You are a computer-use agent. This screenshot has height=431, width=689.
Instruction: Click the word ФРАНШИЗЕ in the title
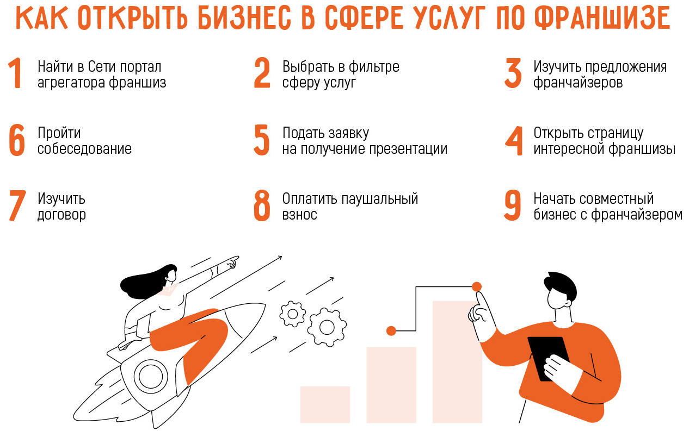coord(602,18)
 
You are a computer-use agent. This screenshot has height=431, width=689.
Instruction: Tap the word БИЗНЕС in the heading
coord(244,18)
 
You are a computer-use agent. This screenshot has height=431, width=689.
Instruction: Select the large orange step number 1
coord(15,73)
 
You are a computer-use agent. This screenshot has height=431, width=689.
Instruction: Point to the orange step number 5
coord(261,140)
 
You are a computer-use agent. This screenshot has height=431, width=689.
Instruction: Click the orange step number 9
coord(513,205)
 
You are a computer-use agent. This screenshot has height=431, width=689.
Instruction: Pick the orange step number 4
coord(513,141)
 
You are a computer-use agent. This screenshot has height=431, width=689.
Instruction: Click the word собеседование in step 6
coord(84,149)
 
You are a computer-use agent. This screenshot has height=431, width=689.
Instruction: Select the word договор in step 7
coord(61,215)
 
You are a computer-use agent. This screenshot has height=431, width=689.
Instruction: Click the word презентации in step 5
coord(408,149)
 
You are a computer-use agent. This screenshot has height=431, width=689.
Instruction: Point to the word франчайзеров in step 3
coord(578,82)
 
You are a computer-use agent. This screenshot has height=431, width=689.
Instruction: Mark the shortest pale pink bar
coord(325,404)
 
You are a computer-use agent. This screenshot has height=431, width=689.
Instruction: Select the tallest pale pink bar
coord(457,362)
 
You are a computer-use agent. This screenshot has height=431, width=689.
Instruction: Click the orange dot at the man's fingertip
coord(476,286)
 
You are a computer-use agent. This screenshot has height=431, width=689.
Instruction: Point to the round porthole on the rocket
coord(151,376)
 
